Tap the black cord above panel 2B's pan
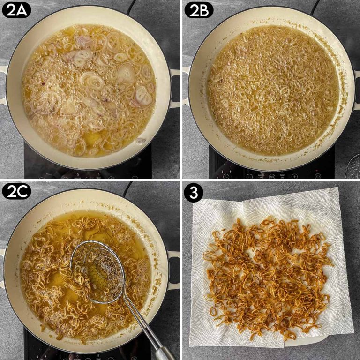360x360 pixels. click(x=315, y=7)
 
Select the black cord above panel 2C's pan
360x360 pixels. click(x=127, y=187)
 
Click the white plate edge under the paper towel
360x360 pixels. click(x=300, y=343)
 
